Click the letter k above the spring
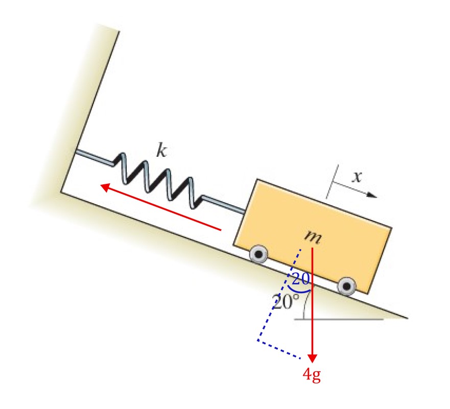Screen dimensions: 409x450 coord(161,152)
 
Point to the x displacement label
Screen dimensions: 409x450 coord(357,177)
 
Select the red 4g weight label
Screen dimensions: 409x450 coord(312,375)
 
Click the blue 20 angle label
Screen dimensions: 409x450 coord(301,279)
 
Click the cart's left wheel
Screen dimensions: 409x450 coord(259,253)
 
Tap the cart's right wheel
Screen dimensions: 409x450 coord(347,285)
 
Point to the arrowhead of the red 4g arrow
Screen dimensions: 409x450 coord(312,357)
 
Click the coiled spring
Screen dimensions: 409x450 coord(159,181)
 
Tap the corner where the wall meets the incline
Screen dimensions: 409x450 coord(61,192)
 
